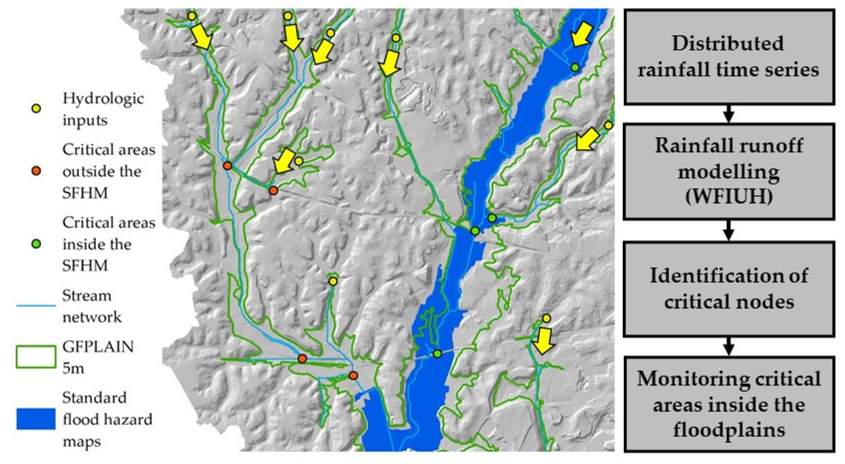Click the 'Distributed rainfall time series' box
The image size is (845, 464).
[x=729, y=57]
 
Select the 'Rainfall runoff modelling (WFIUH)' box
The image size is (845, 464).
[x=729, y=172]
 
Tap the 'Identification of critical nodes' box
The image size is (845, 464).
[x=729, y=289]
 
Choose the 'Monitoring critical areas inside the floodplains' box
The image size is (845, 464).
[x=729, y=405]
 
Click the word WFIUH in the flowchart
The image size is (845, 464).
[x=729, y=196]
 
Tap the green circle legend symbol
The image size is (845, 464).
[x=37, y=244]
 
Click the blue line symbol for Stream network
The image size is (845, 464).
[x=36, y=306]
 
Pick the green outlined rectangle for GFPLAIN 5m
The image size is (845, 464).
[x=36, y=357]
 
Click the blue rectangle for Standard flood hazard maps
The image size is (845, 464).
[x=36, y=418]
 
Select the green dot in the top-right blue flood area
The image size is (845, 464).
[x=575, y=67]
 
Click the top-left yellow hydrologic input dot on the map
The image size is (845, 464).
[x=192, y=16]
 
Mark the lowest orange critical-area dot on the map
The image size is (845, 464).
[x=353, y=375]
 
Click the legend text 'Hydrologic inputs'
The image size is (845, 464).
[x=103, y=109]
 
